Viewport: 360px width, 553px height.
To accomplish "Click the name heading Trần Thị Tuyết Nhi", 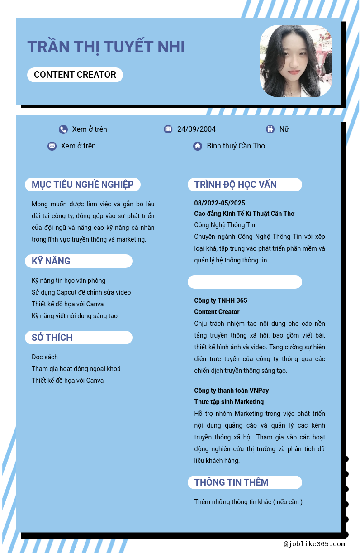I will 106,47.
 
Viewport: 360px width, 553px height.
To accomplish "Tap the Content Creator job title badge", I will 75,75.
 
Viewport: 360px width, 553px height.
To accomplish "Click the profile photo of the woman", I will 296,61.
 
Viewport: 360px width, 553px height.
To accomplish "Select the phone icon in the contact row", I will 63,129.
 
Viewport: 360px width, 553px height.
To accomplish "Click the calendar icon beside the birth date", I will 168,129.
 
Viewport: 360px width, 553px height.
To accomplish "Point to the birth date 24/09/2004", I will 196,129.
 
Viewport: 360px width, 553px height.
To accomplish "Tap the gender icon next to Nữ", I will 270,129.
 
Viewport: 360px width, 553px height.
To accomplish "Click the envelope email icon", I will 52,146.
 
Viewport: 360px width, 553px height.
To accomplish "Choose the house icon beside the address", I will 198,146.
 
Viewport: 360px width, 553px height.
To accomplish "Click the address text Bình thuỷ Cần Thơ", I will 236,146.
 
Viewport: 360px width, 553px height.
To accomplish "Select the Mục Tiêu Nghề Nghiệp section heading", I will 83,185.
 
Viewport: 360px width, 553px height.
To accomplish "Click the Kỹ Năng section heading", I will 51,261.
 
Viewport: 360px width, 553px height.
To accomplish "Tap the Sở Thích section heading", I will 52,338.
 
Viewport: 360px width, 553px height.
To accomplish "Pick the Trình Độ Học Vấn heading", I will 236,185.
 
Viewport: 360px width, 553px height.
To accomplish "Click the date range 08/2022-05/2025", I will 220,203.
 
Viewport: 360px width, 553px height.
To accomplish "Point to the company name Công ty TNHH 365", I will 221,300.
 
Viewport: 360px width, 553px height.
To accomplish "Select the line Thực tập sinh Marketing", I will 229,402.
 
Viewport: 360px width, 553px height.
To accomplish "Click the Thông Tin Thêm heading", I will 232,482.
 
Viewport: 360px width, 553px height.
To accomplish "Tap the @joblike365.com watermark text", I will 314,544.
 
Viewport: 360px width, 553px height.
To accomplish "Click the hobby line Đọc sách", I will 45,357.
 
